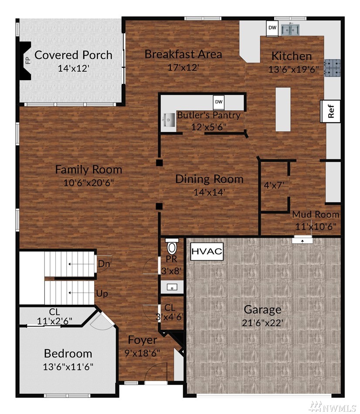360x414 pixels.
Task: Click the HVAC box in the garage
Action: (207, 251)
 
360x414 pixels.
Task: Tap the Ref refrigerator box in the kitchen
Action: (330, 111)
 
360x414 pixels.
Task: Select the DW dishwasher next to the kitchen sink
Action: (272, 28)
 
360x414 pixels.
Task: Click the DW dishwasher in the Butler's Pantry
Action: (219, 102)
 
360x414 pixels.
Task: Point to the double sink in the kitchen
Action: (290, 30)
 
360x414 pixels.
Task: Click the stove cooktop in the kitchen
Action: (332, 68)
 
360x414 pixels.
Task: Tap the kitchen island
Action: (283, 109)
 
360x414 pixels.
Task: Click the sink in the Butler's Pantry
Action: (169, 121)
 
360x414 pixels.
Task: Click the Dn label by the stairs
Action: (104, 263)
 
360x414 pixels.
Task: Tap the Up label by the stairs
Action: (102, 293)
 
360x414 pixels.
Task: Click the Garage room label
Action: (262, 310)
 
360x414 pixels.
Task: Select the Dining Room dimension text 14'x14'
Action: (209, 192)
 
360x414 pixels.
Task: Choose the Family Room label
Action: (88, 169)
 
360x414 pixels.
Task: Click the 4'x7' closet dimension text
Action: (274, 185)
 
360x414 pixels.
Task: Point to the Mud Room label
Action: (316, 214)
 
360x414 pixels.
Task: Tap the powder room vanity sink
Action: (172, 287)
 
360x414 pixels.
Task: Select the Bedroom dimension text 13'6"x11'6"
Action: (68, 367)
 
